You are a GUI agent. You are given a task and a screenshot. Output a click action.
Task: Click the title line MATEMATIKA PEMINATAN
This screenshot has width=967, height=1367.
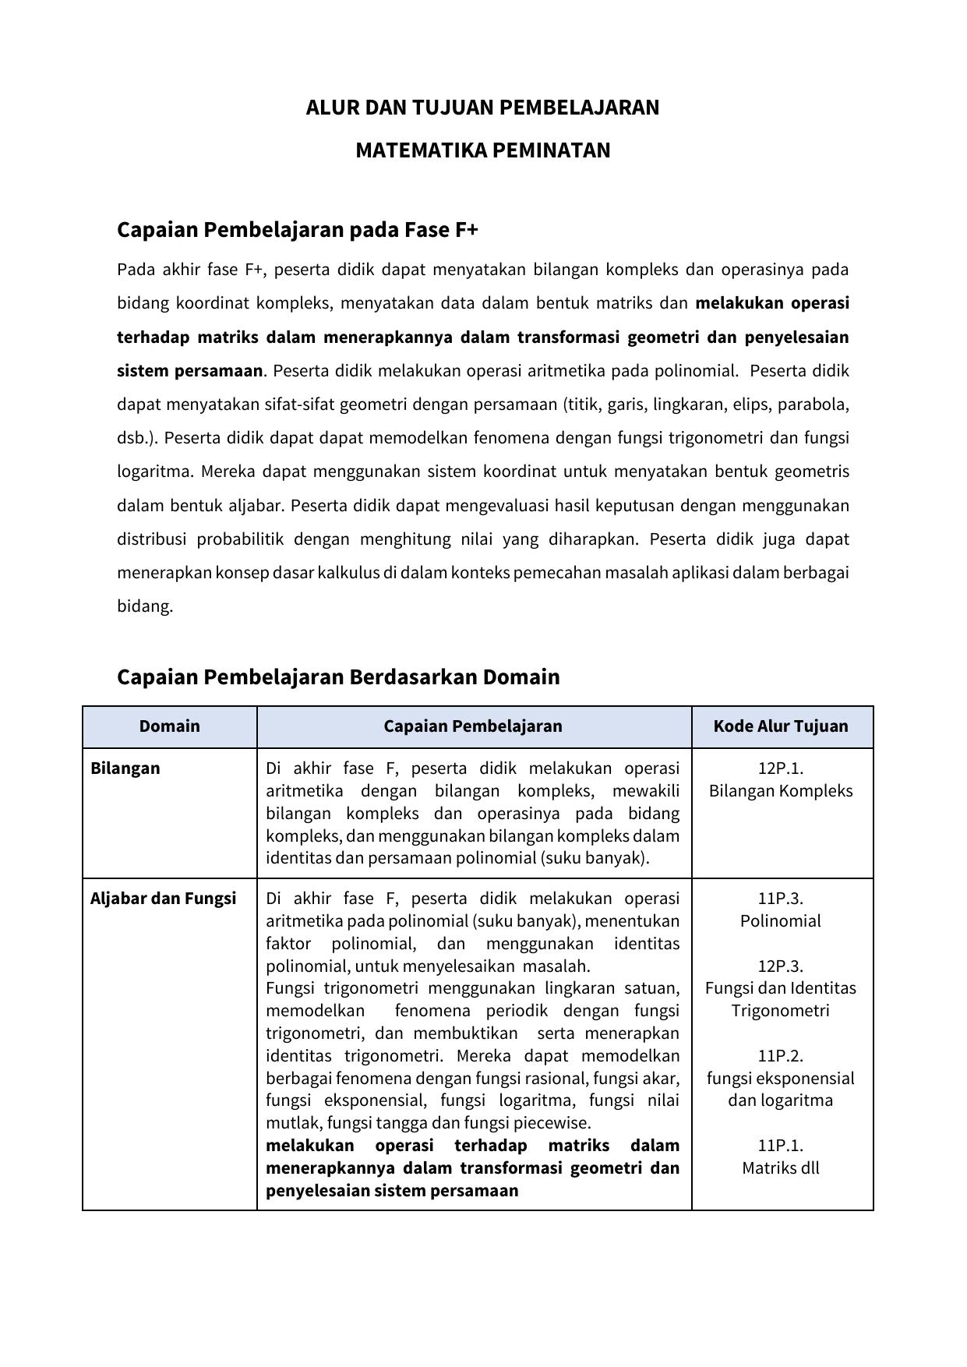(x=482, y=150)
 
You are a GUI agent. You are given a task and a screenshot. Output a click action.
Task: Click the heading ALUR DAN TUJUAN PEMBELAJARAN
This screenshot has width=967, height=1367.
(x=482, y=108)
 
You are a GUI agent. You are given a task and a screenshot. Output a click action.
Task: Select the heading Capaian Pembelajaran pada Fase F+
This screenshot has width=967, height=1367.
(x=297, y=230)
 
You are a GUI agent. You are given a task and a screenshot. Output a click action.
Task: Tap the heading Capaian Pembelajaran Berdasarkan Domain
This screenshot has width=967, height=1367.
(x=338, y=676)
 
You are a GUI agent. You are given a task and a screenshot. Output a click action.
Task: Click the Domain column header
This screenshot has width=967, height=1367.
(x=169, y=726)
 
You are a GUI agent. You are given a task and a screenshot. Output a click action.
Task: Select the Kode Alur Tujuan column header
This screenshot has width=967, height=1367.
(x=781, y=726)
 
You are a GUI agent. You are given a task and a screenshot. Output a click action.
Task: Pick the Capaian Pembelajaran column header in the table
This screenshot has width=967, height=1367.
(x=472, y=726)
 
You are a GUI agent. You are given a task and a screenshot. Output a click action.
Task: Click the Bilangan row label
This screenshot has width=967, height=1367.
(x=125, y=768)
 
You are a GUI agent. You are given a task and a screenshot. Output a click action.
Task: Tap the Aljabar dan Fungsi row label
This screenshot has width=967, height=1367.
(x=163, y=899)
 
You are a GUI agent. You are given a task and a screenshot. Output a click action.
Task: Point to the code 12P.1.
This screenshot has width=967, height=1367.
(x=781, y=768)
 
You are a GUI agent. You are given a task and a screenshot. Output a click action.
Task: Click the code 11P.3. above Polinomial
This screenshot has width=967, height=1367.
(x=781, y=899)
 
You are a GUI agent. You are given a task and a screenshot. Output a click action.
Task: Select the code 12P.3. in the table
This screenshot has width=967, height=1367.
(x=781, y=966)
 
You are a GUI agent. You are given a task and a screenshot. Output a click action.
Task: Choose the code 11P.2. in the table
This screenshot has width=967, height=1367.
(x=781, y=1056)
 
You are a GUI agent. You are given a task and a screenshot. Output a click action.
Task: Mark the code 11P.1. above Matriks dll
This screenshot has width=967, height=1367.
(x=781, y=1146)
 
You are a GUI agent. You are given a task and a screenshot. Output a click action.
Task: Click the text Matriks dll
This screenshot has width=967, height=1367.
(x=781, y=1168)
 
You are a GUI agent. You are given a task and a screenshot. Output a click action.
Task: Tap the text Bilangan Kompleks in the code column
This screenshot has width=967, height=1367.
(x=781, y=791)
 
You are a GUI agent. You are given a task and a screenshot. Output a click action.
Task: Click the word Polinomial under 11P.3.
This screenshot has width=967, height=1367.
(x=781, y=921)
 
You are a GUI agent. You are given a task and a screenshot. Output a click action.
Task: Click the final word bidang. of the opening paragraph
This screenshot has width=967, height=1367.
(x=145, y=606)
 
